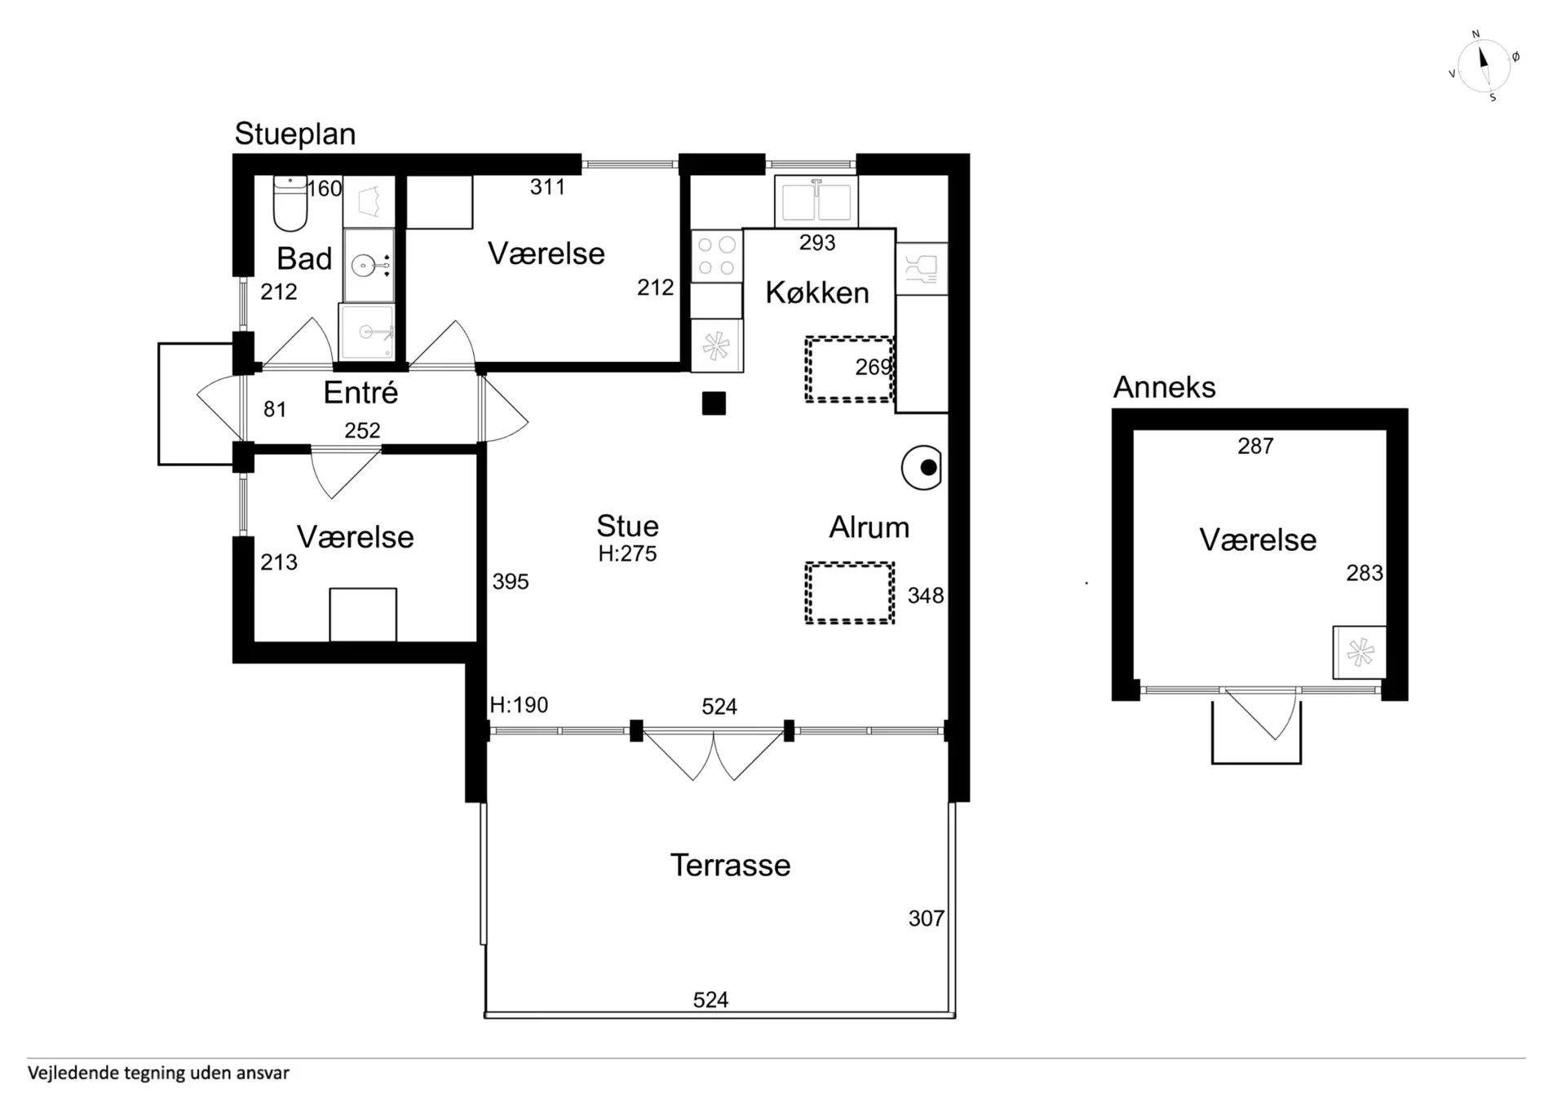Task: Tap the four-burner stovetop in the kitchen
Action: (717, 256)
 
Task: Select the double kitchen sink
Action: (816, 200)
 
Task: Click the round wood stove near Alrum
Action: (922, 468)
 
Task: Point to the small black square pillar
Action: (714, 403)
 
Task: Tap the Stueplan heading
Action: (295, 134)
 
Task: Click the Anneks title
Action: (1164, 387)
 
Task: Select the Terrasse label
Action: (730, 865)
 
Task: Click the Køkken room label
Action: (817, 293)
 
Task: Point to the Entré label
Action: (361, 392)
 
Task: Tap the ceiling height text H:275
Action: (627, 553)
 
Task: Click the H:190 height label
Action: (519, 705)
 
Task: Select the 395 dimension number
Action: (511, 581)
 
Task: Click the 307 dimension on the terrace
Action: (927, 919)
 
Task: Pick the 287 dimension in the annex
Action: (1255, 446)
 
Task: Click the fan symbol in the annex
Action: (1360, 652)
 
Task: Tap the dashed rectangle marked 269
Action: (850, 369)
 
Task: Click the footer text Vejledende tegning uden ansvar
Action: (158, 1073)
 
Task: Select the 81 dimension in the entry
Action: (275, 409)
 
